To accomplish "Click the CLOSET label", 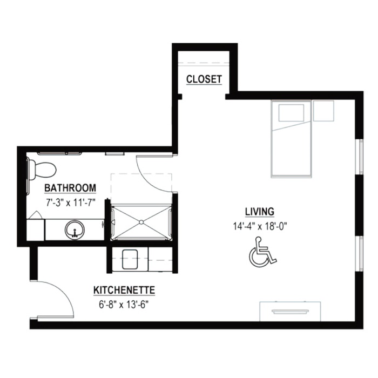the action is [x=204, y=79].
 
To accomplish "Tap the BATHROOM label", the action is [x=70, y=188].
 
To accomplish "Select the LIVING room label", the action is [x=260, y=212].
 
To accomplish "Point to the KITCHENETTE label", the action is [x=124, y=290].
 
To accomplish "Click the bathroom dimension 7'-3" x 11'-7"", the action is [x=71, y=202].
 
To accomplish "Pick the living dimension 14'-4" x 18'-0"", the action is [x=260, y=226].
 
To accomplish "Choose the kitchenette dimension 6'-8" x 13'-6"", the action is [x=124, y=305].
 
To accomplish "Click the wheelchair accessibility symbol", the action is [x=262, y=252].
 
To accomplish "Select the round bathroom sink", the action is [x=75, y=230].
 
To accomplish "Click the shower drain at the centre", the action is [x=141, y=222].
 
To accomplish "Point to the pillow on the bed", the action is [x=291, y=113].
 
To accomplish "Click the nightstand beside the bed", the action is [x=323, y=111].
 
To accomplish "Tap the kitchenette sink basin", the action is [x=130, y=259].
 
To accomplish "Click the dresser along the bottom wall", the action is [x=290, y=311].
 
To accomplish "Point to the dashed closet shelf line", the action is [x=204, y=63].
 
